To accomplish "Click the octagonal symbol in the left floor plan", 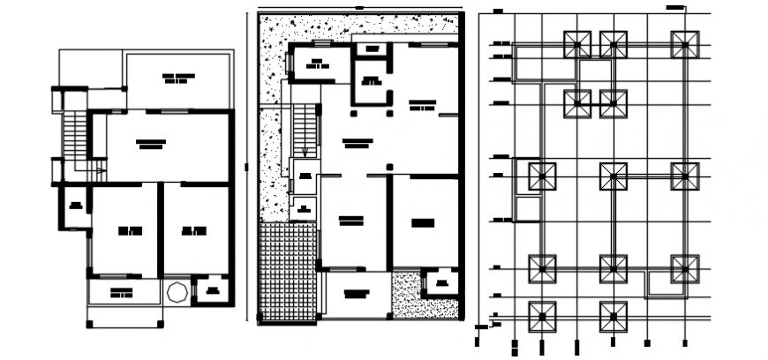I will point(174,291).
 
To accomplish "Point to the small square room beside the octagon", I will point(211,290).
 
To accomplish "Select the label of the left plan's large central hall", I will point(151,143).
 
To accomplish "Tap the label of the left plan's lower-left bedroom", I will point(130,231).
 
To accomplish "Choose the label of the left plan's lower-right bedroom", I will point(194,231).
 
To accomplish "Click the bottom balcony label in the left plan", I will point(122,292).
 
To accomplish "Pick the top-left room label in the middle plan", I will point(314,63).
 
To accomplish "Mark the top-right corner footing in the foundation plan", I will point(684,45).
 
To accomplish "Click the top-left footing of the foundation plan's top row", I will point(578,45).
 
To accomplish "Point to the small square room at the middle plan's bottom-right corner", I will point(440,283).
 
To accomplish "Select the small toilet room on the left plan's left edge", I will point(74,207).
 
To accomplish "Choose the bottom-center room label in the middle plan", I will point(356,292).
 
